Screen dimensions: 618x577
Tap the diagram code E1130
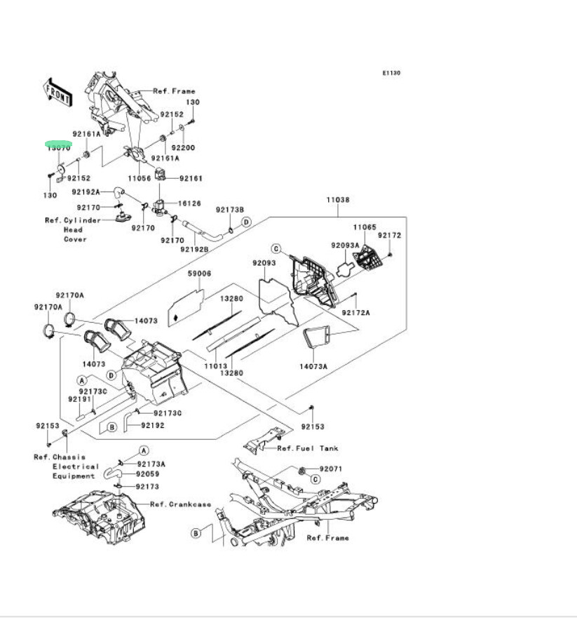(391, 73)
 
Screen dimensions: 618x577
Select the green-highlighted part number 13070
(59, 148)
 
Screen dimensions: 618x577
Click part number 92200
(183, 148)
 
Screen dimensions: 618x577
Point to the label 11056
(139, 179)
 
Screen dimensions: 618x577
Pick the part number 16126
(189, 203)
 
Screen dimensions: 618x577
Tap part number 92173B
(229, 210)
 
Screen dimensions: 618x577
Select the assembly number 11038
(337, 200)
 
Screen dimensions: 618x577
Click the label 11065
(365, 227)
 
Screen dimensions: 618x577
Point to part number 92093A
(345, 246)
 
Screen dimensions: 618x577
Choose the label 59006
(199, 273)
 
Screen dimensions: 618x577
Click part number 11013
(215, 365)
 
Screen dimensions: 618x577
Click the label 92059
(148, 474)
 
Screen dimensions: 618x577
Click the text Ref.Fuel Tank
(308, 448)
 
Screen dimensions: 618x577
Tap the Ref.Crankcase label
(180, 504)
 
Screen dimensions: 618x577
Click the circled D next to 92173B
(246, 222)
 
